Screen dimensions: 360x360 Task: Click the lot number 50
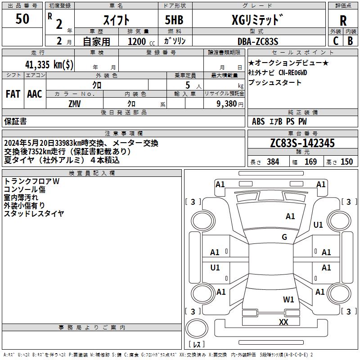tap(22, 18)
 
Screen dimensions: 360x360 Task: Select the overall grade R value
tap(343, 21)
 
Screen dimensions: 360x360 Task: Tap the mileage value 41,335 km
tap(49, 64)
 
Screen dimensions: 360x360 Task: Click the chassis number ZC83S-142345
tap(302, 143)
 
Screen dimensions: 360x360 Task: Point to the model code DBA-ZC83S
tap(258, 41)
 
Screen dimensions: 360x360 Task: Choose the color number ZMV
tap(75, 104)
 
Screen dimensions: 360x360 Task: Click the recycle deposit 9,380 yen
tap(230, 104)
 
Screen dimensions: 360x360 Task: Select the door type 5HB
tap(174, 20)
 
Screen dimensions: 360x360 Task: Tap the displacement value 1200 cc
tap(141, 41)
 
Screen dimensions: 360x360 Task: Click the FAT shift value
tap(13, 94)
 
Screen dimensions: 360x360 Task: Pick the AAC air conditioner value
tap(35, 94)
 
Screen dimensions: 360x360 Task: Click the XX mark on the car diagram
tap(283, 322)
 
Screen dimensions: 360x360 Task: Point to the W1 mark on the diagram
tap(288, 300)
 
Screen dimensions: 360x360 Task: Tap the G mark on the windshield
tap(284, 237)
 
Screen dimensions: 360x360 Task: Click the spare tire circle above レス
tap(197, 328)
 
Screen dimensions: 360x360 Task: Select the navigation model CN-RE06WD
tap(293, 72)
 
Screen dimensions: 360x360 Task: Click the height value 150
tap(346, 162)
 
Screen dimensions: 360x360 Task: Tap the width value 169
tap(310, 162)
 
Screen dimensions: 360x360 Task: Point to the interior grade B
tap(350, 41)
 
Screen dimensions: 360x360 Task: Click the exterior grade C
tap(336, 41)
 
